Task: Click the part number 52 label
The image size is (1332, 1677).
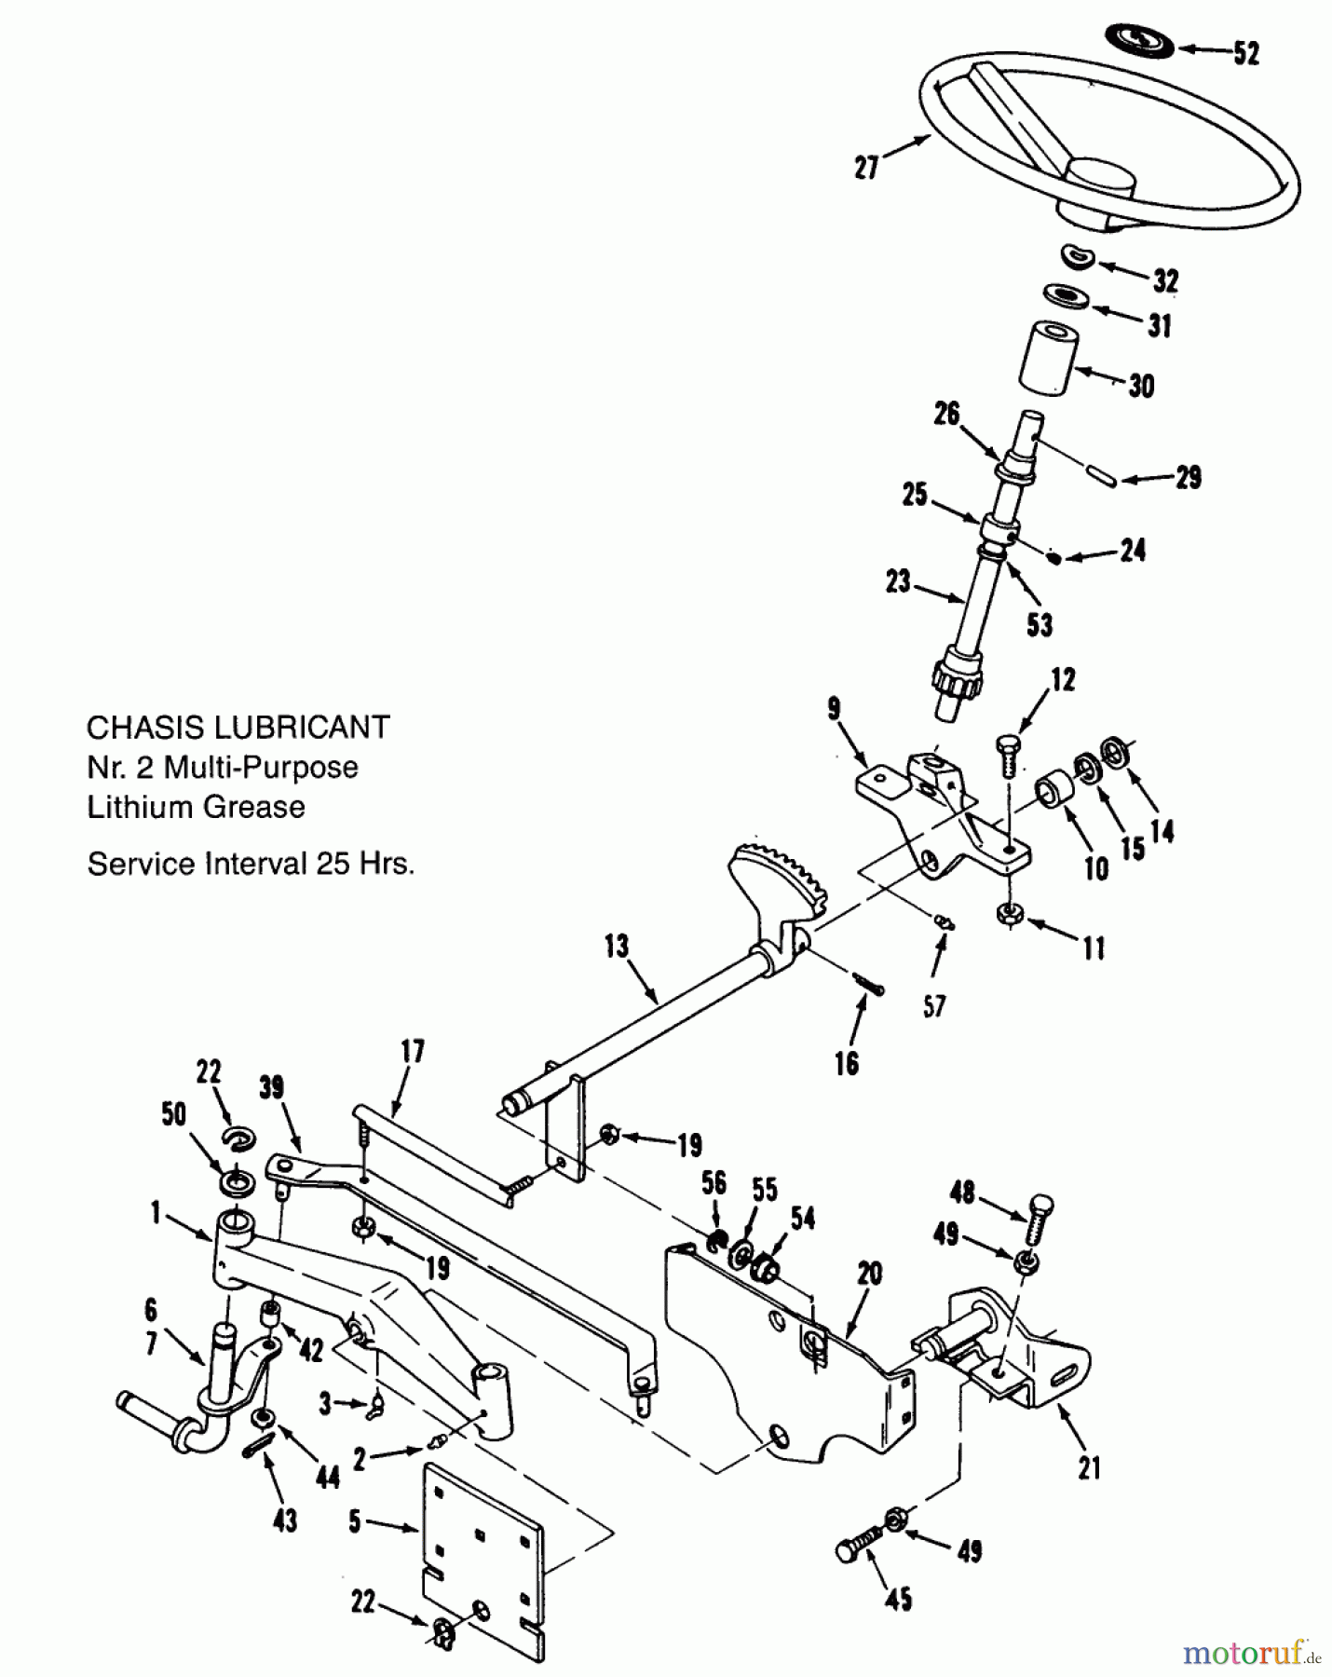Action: tap(1246, 53)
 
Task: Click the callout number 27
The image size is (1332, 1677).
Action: tap(867, 168)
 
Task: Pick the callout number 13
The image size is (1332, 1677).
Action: tap(617, 948)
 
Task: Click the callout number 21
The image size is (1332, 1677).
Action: tap(1088, 1468)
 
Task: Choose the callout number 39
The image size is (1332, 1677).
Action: tap(271, 1088)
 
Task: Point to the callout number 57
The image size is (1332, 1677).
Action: tap(934, 1005)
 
